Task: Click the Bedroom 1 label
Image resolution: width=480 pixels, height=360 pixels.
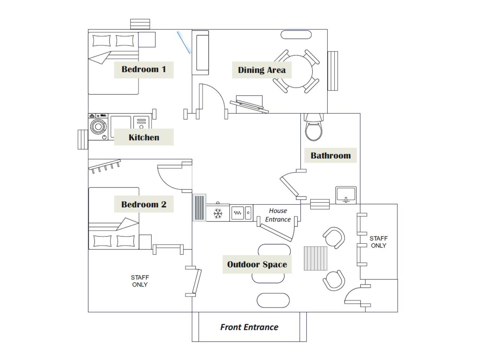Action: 144,69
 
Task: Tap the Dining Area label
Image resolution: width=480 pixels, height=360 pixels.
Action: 262,70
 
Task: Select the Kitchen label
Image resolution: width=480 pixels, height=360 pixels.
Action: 144,137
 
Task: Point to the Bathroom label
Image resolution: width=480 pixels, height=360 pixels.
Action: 330,156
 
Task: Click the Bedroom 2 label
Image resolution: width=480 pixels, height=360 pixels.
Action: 144,204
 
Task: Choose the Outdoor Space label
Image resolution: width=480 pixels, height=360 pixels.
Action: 257,265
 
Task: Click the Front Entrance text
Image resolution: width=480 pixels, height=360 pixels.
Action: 249,327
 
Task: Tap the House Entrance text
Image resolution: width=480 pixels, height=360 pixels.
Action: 278,215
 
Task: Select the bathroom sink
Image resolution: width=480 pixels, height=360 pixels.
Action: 346,195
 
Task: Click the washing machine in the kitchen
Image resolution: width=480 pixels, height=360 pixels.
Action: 98,127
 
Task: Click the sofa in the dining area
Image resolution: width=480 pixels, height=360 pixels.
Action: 202,54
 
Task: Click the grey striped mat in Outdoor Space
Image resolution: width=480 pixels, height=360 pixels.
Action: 315,258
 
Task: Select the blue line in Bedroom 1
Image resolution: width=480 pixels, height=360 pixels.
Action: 184,42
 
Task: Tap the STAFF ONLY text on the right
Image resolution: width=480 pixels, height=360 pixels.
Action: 378,242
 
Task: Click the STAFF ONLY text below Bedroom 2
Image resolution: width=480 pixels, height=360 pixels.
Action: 140,281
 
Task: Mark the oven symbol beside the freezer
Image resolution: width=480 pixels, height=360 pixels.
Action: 238,213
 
